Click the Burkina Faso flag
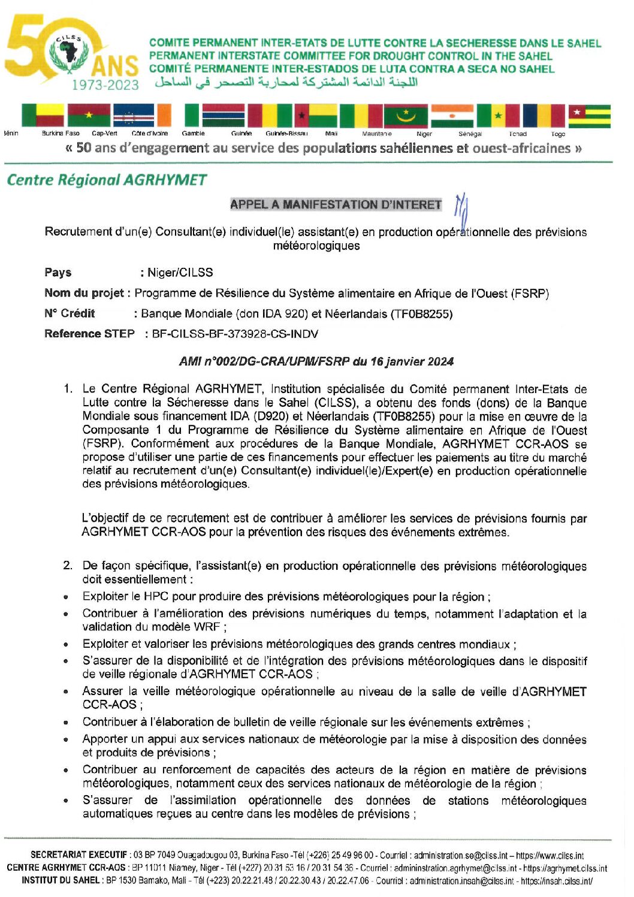click(89, 116)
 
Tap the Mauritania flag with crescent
click(406, 116)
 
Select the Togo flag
click(589, 116)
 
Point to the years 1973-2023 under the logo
click(105, 85)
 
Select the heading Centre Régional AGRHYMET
click(107, 180)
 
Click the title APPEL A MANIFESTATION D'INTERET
click(336, 204)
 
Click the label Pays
click(58, 273)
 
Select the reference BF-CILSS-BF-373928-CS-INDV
click(235, 334)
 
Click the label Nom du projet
click(84, 293)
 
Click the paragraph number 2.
click(68, 566)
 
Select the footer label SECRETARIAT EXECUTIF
click(79, 855)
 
